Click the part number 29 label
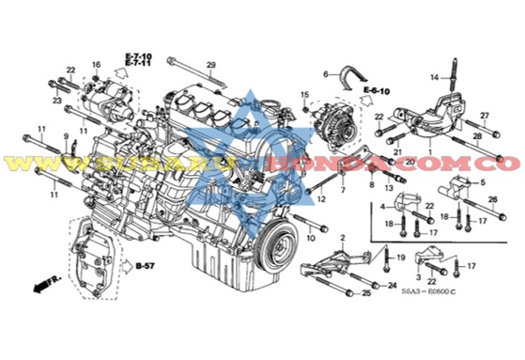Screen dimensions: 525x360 pos(211,64)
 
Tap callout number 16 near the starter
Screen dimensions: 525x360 pos(96,64)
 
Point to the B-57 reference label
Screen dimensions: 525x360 pos(144,267)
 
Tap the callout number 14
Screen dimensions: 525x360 pos(435,76)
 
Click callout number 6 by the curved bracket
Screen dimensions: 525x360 pos(327,73)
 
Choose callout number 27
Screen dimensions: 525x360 pos(485,116)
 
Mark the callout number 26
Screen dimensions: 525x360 pos(493,200)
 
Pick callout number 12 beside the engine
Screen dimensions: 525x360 pos(321,200)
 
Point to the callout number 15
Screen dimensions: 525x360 pos(304,94)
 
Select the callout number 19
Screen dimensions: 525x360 pos(399,258)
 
